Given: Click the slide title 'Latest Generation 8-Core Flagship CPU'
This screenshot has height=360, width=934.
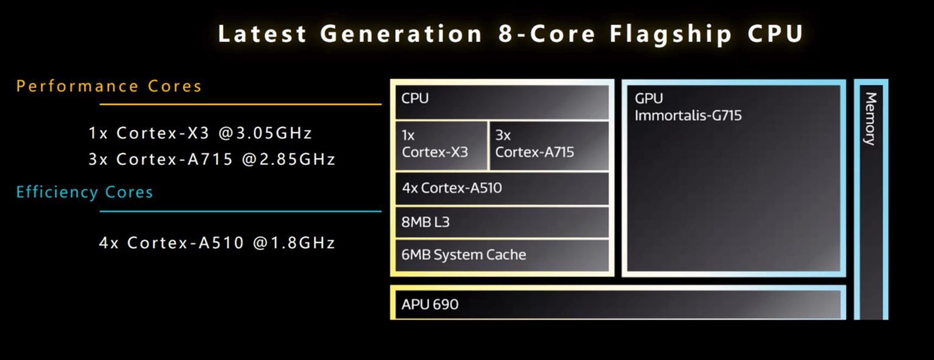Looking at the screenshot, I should point(511,34).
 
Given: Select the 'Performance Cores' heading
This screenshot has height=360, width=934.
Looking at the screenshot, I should point(109,86).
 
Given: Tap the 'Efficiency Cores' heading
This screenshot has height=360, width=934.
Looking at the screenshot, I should point(85,193).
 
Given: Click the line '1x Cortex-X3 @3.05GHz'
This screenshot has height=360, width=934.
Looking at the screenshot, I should point(200,133).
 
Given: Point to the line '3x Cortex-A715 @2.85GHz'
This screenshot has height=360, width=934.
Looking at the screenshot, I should point(212,159).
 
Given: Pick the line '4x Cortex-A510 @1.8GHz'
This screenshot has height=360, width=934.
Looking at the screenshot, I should point(217,243).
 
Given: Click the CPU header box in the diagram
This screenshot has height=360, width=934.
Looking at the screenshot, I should point(502,102).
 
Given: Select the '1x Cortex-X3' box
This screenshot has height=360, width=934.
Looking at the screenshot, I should point(441,145).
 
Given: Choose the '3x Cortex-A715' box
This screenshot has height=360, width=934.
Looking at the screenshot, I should point(548,145).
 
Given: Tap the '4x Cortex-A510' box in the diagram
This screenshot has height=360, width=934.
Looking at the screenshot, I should point(502,189).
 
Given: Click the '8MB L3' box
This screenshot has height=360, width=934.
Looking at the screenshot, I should point(502,222).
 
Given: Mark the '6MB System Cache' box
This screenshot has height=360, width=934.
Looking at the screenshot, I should point(502,255).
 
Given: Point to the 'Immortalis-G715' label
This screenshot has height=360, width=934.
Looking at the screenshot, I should point(688,116).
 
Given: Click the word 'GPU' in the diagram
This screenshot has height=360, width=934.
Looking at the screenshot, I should point(649,99).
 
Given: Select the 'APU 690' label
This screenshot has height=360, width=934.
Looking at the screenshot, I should point(430,304).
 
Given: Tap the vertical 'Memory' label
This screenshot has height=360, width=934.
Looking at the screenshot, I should point(871,119).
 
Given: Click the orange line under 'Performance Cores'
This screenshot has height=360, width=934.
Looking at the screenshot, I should point(240,105).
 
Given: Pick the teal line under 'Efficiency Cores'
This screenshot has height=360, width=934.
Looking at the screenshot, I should point(240,212).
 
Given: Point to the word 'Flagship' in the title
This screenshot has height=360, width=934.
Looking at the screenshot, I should point(670,34).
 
